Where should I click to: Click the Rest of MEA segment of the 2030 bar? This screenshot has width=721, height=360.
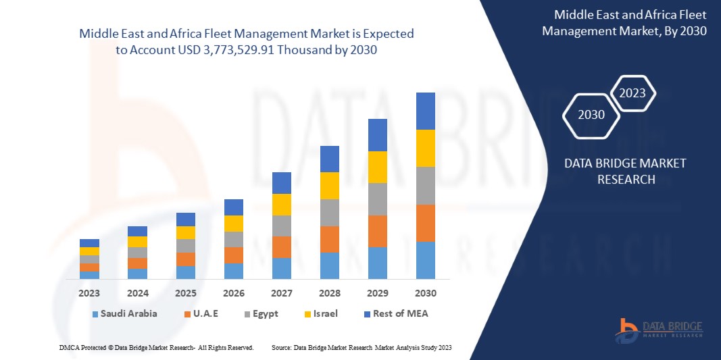click(x=425, y=111)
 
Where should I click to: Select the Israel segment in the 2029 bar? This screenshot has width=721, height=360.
click(x=377, y=167)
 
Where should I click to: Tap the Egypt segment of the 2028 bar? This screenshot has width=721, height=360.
click(x=329, y=212)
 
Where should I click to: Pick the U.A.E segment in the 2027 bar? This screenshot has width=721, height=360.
click(x=281, y=247)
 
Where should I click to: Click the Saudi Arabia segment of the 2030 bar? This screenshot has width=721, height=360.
click(x=425, y=260)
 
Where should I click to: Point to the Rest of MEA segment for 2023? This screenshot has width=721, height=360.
click(x=89, y=243)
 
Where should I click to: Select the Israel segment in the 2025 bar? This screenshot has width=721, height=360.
click(x=185, y=232)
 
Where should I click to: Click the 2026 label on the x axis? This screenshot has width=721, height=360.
click(x=233, y=294)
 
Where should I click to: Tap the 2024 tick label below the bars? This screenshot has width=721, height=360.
click(x=137, y=294)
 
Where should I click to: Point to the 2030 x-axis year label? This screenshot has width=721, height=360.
click(x=425, y=294)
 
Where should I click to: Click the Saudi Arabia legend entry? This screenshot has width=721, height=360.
click(x=124, y=313)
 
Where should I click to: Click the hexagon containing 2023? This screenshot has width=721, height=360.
click(x=632, y=93)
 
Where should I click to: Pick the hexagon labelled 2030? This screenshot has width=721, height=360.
click(x=591, y=115)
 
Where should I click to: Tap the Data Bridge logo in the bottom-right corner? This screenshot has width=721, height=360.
click(x=659, y=330)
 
